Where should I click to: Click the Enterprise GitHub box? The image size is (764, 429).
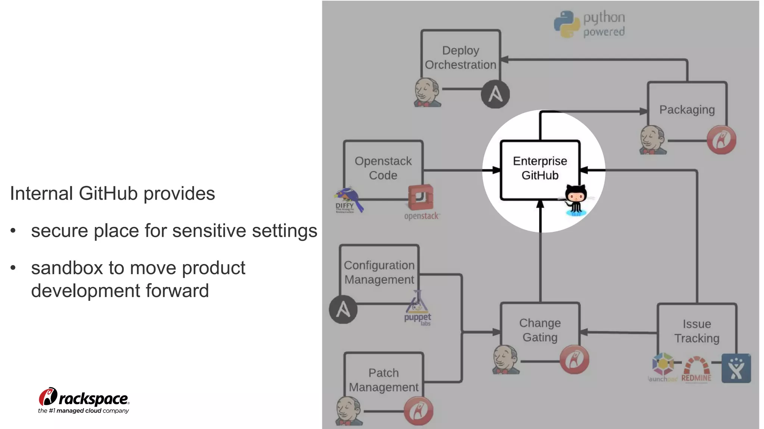click(x=540, y=168)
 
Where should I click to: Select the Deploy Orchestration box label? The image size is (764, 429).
click(x=460, y=57)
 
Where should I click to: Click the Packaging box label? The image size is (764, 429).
click(x=687, y=109)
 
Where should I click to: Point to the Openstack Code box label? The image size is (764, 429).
click(x=383, y=168)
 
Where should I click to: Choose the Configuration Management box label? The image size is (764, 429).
click(x=379, y=272)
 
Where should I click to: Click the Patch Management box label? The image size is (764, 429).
click(x=383, y=380)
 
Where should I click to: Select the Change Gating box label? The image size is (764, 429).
click(x=540, y=330)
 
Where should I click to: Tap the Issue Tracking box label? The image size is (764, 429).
click(x=696, y=331)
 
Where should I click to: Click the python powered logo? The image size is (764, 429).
click(x=589, y=24)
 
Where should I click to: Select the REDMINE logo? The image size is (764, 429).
click(x=696, y=369)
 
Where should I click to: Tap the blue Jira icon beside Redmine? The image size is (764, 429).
click(x=736, y=368)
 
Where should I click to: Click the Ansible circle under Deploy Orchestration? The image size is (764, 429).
click(x=495, y=94)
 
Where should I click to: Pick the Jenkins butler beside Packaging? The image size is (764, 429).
click(x=652, y=140)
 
